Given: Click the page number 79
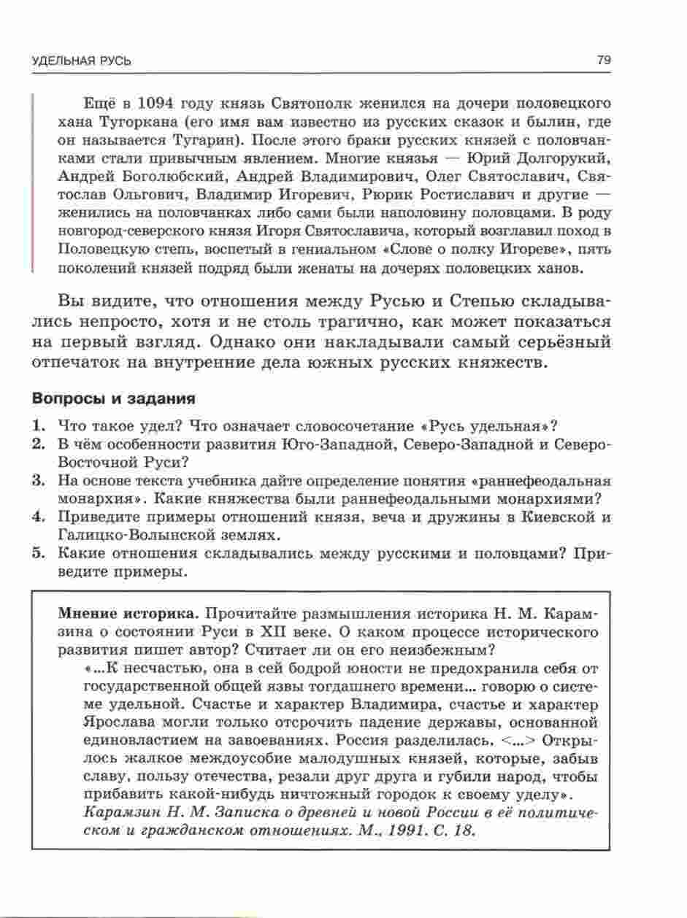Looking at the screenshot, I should pyautogui.click(x=603, y=61).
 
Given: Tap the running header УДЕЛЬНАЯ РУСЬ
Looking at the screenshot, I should pyautogui.click(x=82, y=61).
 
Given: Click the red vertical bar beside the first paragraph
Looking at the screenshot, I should pyautogui.click(x=33, y=182).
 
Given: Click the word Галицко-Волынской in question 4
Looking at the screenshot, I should pyautogui.click(x=119, y=536).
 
